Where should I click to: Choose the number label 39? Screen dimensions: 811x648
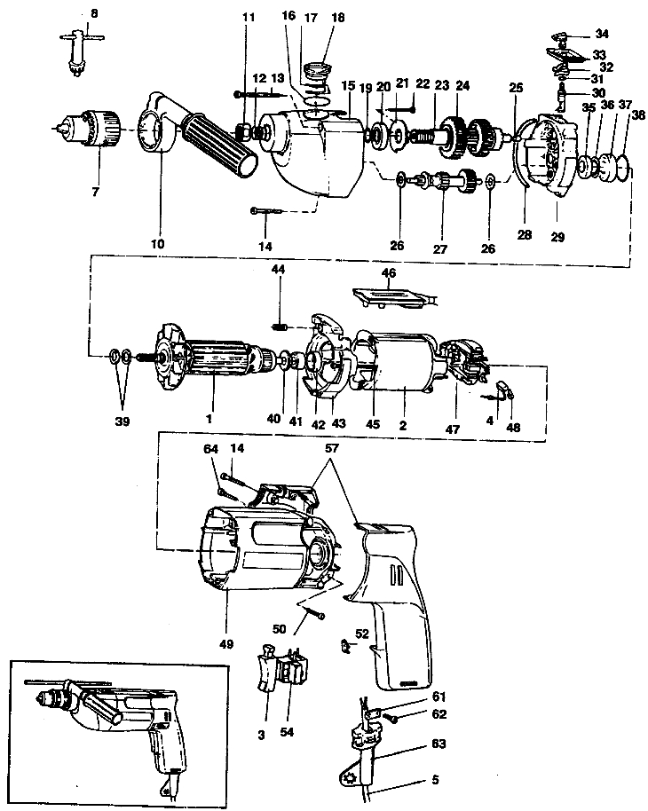(x=122, y=422)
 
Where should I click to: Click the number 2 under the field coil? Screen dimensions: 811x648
(x=402, y=425)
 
